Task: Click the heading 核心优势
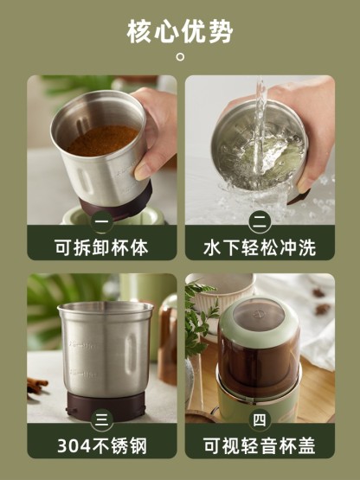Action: click(180, 31)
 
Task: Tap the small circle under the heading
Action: click(181, 56)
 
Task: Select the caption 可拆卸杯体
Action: click(101, 247)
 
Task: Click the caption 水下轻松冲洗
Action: click(260, 247)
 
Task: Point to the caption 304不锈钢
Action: click(102, 445)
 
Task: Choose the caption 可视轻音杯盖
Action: click(260, 445)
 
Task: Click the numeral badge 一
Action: click(102, 222)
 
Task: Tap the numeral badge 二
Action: click(260, 222)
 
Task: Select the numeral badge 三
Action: click(102, 420)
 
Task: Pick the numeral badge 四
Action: click(260, 420)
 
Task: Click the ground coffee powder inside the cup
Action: click(103, 140)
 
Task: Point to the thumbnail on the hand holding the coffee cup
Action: click(142, 171)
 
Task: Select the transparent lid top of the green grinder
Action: click(259, 316)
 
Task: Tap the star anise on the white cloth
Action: click(322, 309)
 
